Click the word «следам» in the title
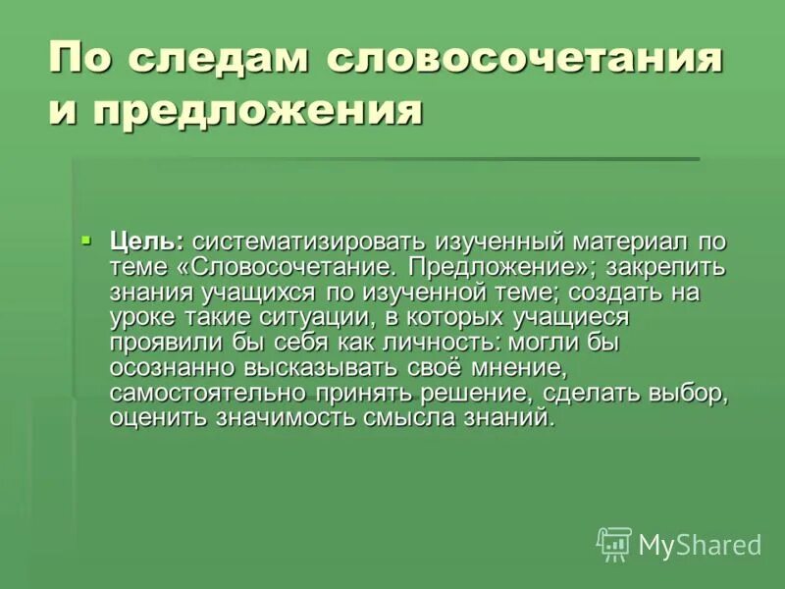click(x=224, y=61)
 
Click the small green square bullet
click(x=86, y=239)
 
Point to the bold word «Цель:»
click(x=146, y=241)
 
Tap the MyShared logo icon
click(x=614, y=543)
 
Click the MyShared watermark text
click(x=700, y=545)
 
